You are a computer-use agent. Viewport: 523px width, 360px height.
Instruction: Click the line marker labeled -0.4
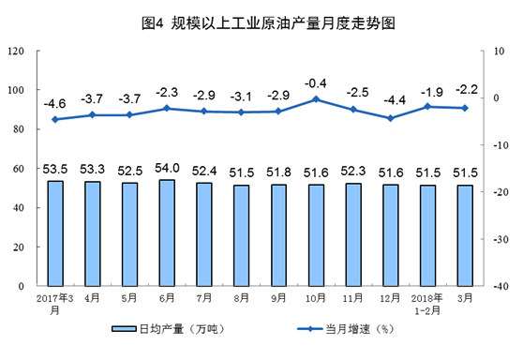[x=316, y=98]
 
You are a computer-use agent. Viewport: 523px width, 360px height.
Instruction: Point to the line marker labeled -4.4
[x=390, y=118]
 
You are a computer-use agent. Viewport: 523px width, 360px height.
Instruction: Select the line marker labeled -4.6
[x=55, y=119]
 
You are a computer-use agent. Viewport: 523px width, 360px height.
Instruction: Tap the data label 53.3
[x=92, y=169]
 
